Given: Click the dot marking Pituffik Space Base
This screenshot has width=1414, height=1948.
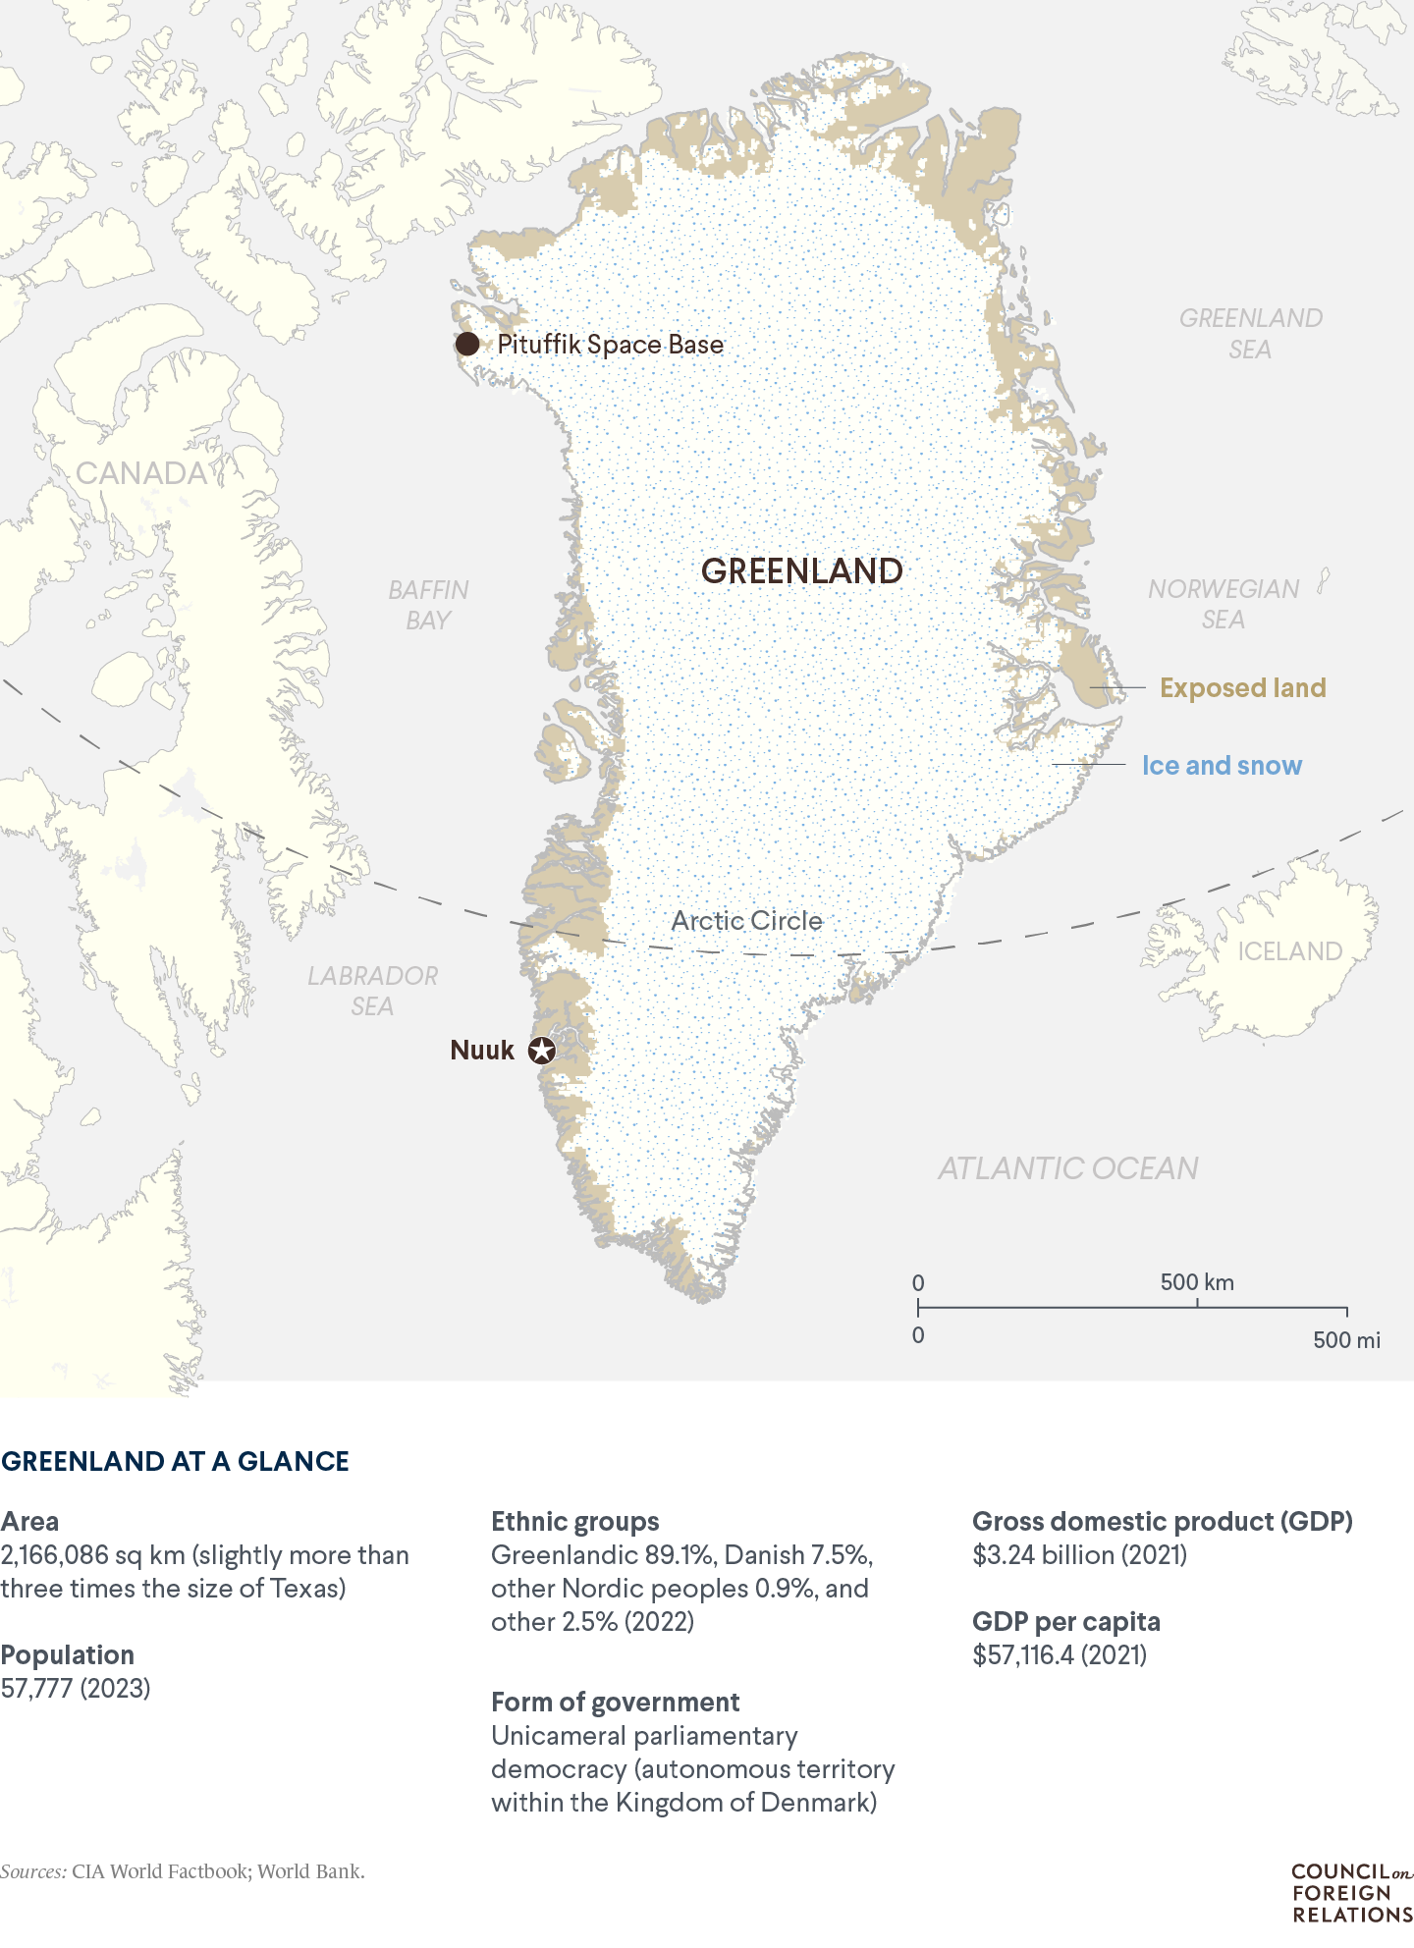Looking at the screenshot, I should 467,344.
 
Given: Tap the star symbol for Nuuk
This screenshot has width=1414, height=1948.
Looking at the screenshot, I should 541,1051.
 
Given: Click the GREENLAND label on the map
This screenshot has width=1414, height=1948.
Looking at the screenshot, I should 801,571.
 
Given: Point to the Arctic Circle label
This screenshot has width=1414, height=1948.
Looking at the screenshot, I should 746,921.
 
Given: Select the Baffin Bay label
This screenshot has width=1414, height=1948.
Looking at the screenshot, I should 428,605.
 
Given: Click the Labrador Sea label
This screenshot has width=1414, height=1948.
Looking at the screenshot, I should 372,991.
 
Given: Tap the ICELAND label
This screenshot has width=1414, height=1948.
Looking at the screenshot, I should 1288,951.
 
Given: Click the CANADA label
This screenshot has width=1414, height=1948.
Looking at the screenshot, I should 141,473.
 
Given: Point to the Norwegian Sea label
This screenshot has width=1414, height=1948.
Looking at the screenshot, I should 1224,604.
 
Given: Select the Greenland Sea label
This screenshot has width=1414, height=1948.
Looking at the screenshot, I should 1250,333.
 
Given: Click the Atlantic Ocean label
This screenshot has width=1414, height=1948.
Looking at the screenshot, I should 1067,1168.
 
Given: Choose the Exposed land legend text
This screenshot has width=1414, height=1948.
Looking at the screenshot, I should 1242,687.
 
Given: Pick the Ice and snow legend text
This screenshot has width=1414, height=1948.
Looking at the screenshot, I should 1222,766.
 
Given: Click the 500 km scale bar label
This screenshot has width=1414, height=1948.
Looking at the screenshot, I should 1196,1282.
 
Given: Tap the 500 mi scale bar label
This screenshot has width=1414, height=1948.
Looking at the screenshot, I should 1346,1340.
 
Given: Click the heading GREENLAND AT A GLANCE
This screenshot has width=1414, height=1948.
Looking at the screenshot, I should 175,1461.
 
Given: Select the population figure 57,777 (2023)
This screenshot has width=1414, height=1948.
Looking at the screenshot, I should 76,1688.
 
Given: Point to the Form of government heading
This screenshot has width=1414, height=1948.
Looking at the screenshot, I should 615,1702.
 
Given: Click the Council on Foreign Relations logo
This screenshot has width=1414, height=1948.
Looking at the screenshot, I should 1351,1892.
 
